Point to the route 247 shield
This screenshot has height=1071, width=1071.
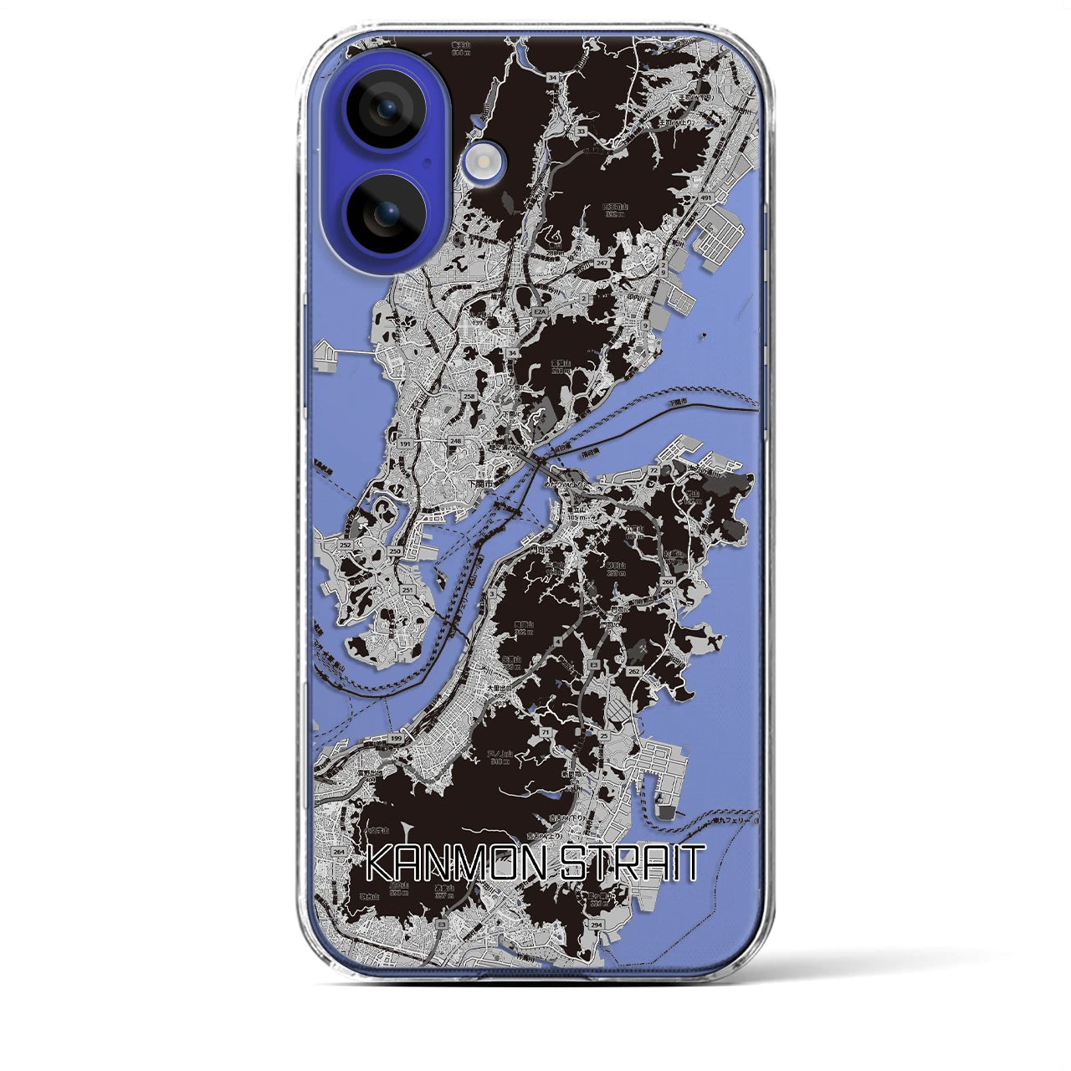(x=602, y=263)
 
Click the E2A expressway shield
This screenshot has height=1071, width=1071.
(x=540, y=313)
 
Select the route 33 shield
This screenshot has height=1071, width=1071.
(x=580, y=131)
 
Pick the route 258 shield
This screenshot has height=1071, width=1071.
(x=469, y=397)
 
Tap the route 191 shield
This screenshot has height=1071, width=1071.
(x=406, y=443)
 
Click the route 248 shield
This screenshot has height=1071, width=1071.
(x=455, y=440)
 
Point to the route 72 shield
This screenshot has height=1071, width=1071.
(x=652, y=472)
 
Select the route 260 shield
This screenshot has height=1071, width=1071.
(x=667, y=582)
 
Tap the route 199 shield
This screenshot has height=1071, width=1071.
(x=397, y=740)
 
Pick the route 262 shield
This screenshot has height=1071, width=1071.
(x=633, y=671)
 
